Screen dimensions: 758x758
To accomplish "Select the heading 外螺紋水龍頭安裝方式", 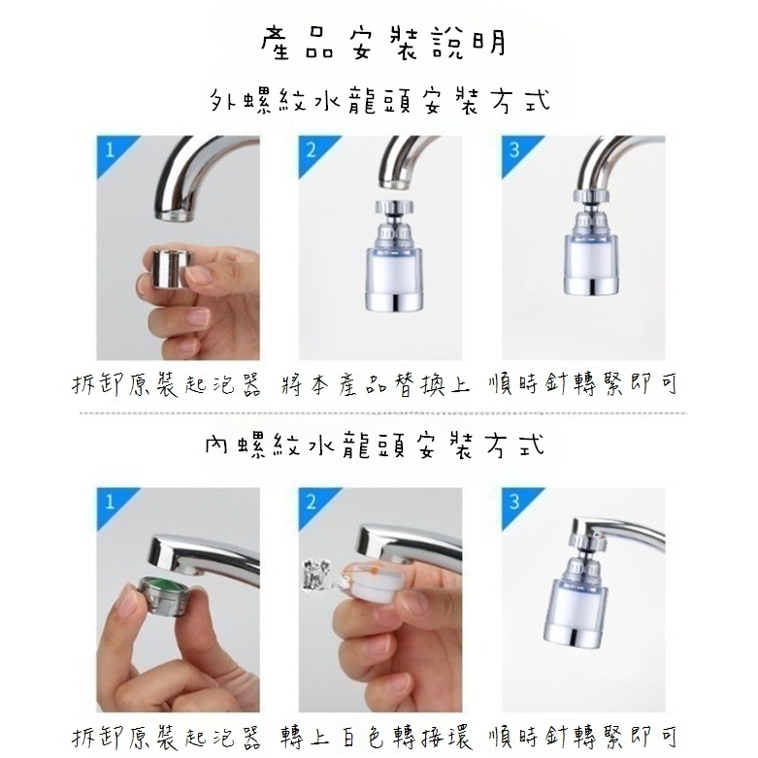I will point(379,101).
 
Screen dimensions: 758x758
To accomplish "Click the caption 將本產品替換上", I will point(379,384).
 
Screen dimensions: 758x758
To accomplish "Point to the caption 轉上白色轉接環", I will point(379,735).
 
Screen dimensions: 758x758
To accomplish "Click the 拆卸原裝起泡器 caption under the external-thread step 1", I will point(168,384).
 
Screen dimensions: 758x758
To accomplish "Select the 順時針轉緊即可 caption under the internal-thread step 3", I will point(583,735).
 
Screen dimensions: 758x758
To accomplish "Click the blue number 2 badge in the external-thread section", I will point(312,150).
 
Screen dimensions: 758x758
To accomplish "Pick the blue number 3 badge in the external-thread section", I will point(513,150).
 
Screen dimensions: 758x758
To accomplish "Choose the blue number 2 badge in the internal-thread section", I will point(312,503).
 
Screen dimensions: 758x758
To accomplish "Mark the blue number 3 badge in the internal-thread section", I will point(513,503).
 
